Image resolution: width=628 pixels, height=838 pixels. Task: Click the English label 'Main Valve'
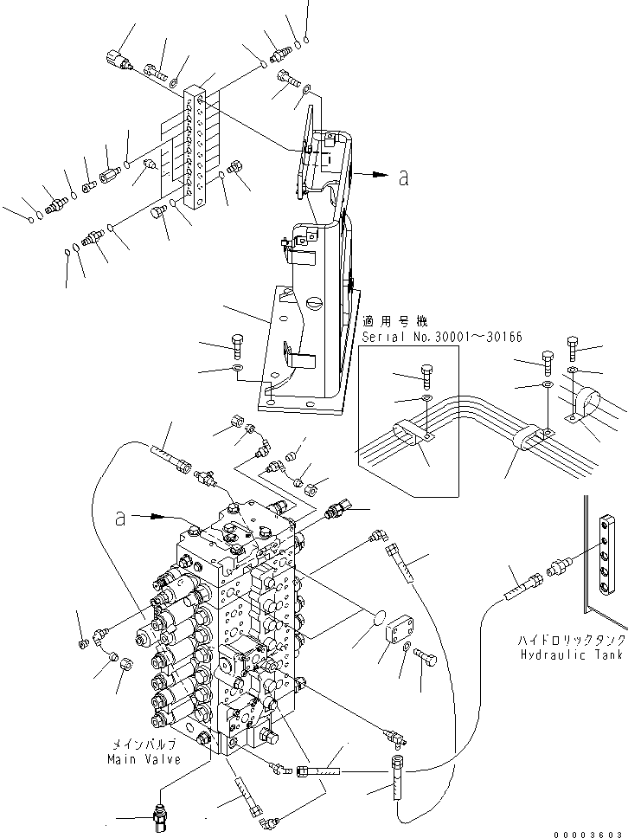pyautogui.click(x=144, y=759)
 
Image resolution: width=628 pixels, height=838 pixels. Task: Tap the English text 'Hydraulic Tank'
pyautogui.click(x=570, y=655)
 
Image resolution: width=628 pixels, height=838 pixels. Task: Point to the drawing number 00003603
pyautogui.click(x=593, y=830)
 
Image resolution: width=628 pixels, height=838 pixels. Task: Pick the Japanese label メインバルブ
pyautogui.click(x=144, y=745)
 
